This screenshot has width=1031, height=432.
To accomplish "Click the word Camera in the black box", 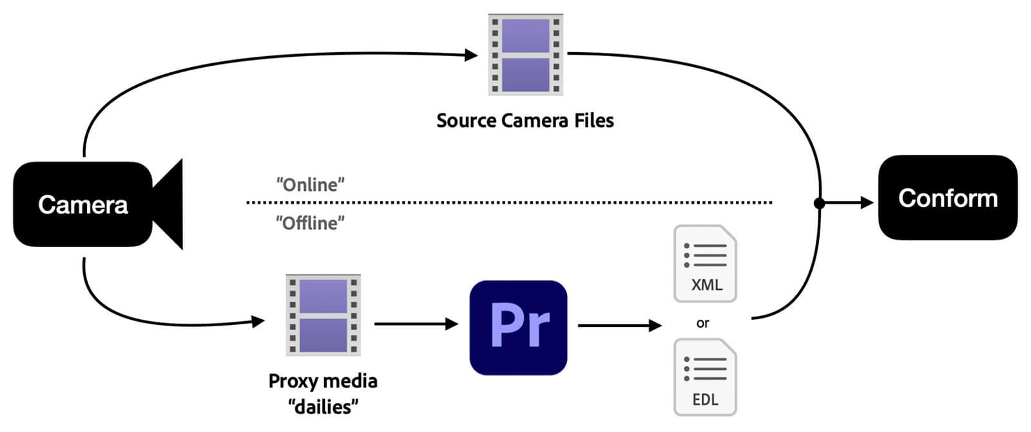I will pos(82,205).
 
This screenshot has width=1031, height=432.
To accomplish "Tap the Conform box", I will pos(947,198).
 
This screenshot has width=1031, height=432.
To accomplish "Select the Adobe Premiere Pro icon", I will pos(518,327).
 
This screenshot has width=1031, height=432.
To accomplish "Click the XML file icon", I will pos(705,264).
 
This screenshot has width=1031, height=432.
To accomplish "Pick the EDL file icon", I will pos(705,378).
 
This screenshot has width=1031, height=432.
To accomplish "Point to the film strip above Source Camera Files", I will pos(525,55).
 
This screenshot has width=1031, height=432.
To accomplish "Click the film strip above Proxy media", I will pos(323,315).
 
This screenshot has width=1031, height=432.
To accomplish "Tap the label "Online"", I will pos(310,185).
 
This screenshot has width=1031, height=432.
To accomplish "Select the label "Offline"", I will pos(310,223).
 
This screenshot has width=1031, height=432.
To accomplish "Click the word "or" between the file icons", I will pos(702,323).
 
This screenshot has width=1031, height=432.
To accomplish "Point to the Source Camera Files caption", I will pos(525,121).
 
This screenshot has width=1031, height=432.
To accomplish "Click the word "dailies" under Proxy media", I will pos(323,407).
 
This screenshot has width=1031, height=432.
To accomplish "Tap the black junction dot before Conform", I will pos(819,203).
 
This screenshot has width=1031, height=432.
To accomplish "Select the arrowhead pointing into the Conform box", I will pos(867,203).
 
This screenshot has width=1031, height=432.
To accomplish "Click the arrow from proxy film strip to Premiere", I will pos(416,324).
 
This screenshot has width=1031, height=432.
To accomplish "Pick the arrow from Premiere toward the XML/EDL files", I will pos(619,326).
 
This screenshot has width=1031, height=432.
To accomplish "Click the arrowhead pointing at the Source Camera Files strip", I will pos(471,55).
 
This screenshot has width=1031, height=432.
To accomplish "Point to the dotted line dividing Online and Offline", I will pos(509,202).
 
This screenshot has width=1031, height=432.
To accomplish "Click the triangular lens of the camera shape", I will pos(169,204).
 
